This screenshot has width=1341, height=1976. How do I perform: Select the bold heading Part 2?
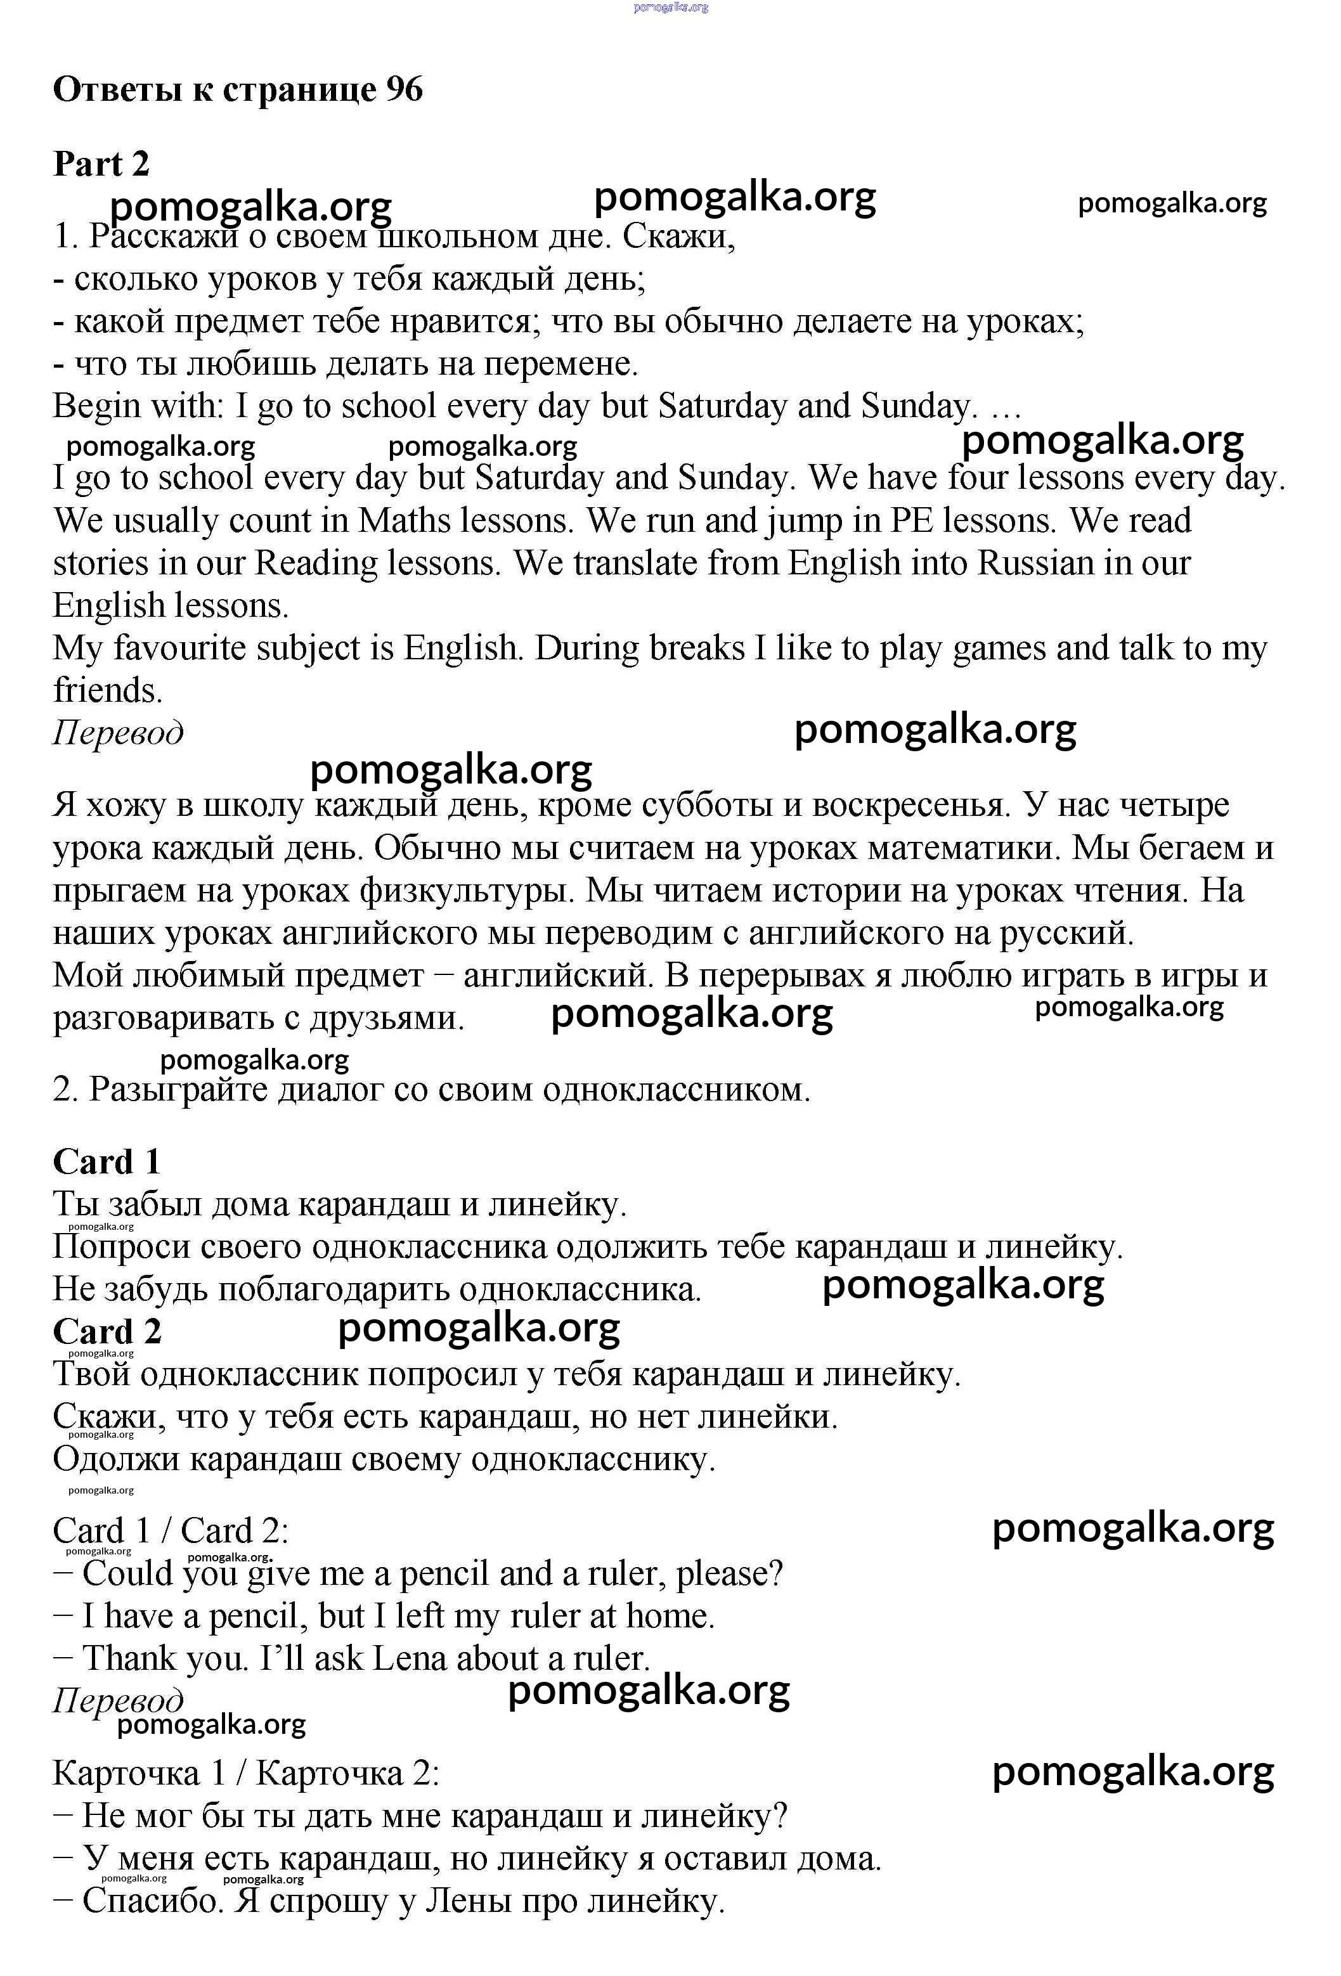pos(101,164)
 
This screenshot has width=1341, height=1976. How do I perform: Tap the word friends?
pos(107,690)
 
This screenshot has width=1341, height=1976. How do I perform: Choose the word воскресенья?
pos(910,805)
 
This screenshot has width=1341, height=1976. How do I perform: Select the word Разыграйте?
pos(178,1089)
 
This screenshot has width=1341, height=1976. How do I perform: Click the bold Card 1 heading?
pos(107,1161)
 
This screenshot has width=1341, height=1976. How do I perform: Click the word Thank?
pos(127,1659)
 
